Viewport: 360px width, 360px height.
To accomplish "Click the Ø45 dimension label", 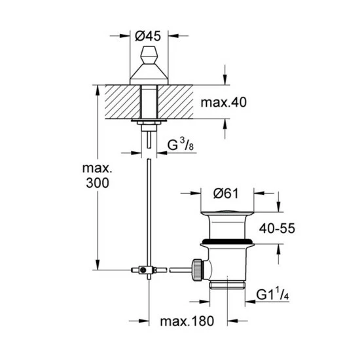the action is [x=148, y=36].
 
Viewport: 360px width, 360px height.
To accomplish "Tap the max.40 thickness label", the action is [x=224, y=102].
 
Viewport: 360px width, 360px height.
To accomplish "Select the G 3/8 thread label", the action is [x=181, y=145].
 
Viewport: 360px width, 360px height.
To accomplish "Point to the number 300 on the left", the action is [x=98, y=183].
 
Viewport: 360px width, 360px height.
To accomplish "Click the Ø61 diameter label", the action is [x=226, y=194].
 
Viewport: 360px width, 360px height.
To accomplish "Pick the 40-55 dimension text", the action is [x=277, y=228].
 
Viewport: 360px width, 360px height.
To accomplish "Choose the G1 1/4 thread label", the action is [x=272, y=295].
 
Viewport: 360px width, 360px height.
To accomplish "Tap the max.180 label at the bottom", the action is [x=187, y=321].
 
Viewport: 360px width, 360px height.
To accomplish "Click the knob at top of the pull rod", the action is [x=149, y=55].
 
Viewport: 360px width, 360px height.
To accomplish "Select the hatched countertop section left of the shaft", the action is [x=122, y=102].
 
